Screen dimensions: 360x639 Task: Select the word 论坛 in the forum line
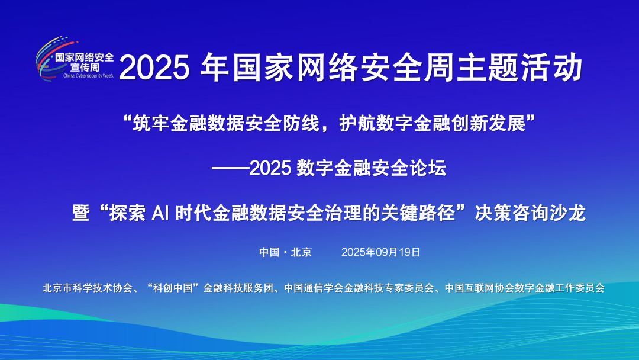pos(428,169)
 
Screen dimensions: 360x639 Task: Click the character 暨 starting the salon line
pos(81,213)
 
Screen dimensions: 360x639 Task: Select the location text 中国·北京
pos(285,252)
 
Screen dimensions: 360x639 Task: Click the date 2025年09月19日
pos(381,252)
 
